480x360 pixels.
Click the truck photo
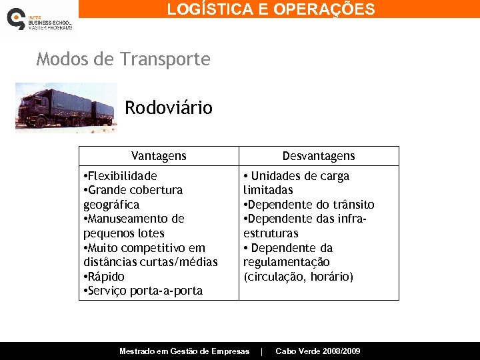point(65,107)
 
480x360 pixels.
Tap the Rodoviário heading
point(169,107)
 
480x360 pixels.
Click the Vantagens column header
point(159,156)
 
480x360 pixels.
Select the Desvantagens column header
point(319,156)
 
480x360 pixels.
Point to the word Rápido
point(106,277)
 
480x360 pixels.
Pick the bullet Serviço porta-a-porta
point(144,291)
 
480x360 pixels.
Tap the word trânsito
point(353,205)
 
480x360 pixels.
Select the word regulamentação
point(287,262)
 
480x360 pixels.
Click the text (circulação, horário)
point(299,277)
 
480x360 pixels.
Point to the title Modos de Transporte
point(123,59)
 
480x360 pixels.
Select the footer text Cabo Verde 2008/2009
point(318,351)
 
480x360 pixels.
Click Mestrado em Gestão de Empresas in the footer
point(184,351)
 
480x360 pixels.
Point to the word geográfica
point(111,205)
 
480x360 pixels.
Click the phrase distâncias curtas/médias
point(151,262)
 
